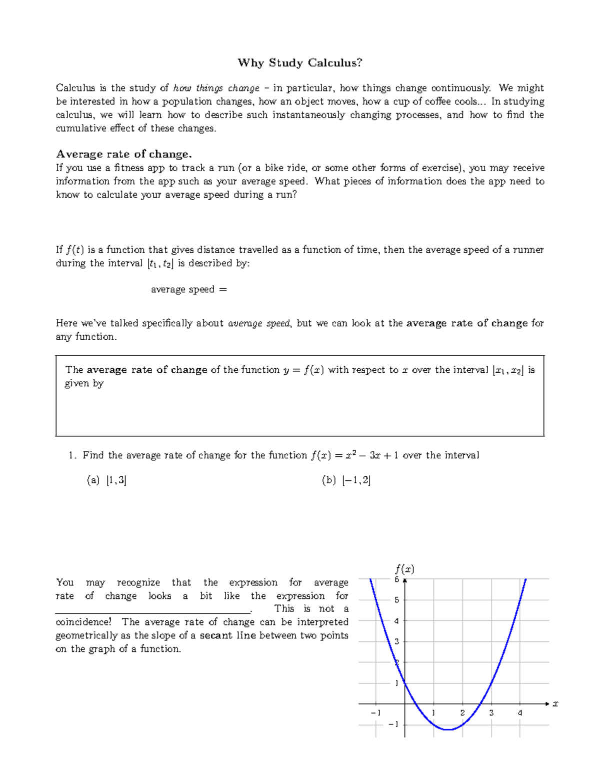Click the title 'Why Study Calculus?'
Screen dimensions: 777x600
pos(300,63)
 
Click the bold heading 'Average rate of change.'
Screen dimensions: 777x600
pos(124,154)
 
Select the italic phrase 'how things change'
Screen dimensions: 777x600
pos(216,89)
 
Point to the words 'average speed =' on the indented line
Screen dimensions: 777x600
pos(189,290)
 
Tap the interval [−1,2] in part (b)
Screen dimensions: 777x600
pos(356,481)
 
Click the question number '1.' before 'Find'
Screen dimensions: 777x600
pos(72,455)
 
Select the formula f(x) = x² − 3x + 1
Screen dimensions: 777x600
pos(354,455)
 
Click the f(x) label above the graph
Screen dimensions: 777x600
pos(404,569)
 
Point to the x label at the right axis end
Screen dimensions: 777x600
pos(555,704)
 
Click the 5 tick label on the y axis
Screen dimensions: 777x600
pos(397,600)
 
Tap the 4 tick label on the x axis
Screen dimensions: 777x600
pos(520,713)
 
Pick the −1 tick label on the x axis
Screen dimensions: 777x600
pos(375,713)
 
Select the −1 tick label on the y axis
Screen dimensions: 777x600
pos(393,724)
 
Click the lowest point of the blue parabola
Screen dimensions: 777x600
pos(448,730)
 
